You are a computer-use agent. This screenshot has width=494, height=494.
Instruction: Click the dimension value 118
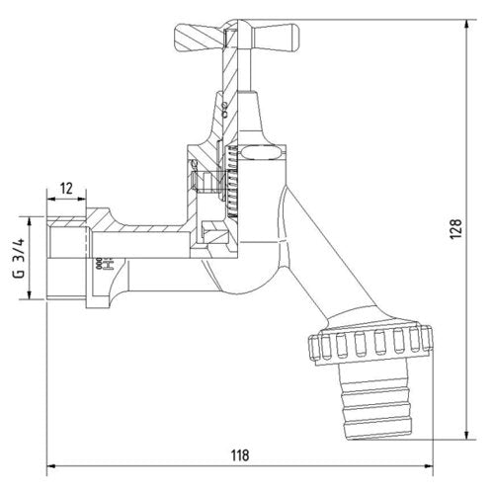(x=240, y=455)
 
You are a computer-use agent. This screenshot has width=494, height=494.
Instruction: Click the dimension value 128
(x=456, y=228)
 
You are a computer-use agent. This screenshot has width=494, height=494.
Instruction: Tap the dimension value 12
(x=66, y=189)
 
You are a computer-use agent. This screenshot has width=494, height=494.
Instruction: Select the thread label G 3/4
(x=19, y=258)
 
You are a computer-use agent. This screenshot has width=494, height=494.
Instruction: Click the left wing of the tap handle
(x=199, y=38)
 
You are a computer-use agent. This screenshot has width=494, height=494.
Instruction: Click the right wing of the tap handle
(x=276, y=39)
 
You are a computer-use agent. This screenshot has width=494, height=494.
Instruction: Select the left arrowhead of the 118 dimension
(x=51, y=466)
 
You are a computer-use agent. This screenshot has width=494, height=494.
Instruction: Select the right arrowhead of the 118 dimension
(x=429, y=466)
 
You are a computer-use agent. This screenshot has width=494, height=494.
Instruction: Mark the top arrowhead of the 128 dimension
(x=466, y=24)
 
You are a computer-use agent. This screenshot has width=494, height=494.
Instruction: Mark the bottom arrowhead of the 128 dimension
(x=466, y=435)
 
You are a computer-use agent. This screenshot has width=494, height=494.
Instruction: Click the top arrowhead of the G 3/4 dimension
(x=30, y=221)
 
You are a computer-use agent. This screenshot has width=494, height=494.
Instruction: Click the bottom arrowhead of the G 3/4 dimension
(x=30, y=294)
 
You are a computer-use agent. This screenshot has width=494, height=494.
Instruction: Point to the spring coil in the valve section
(x=231, y=182)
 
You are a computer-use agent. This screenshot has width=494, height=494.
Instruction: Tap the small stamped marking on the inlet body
(x=105, y=264)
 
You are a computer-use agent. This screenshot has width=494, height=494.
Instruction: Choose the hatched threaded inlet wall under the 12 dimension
(x=67, y=220)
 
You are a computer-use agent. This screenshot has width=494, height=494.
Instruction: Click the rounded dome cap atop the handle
(x=238, y=24)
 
